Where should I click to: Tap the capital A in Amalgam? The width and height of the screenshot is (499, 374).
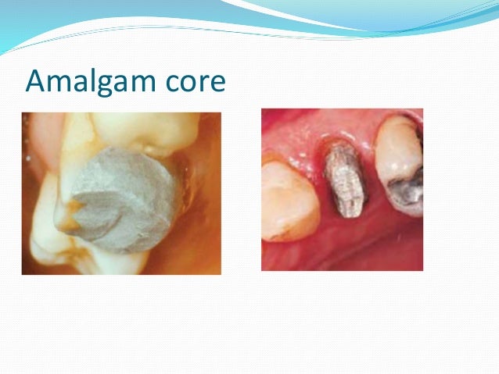click(36, 80)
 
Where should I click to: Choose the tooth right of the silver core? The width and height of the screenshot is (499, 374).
click(400, 172)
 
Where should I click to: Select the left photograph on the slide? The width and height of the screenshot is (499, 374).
click(121, 193)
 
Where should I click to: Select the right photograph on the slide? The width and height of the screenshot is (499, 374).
click(342, 189)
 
